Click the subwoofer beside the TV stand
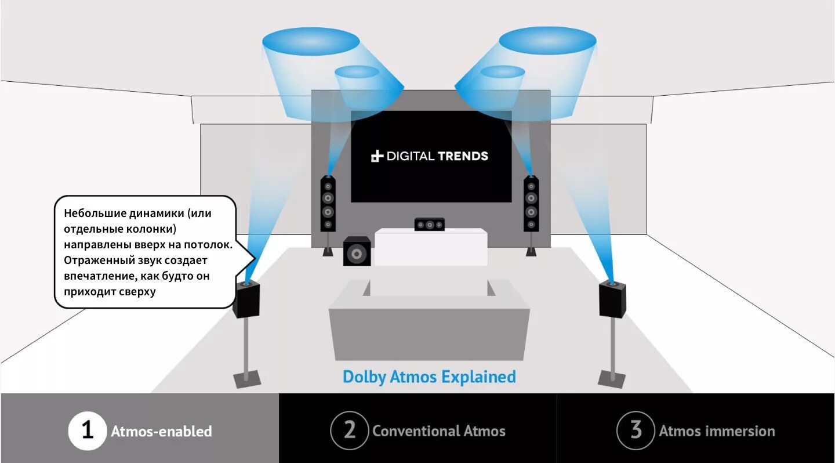357,251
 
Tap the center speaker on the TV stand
429,224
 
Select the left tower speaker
328,204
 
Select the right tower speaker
531,204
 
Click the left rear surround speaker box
246,299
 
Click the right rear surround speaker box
613,298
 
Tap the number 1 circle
88,431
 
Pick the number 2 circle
350,431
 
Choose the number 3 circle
636,431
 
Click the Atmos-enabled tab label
161,432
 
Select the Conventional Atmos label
439,431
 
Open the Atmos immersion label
717,431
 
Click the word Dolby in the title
364,377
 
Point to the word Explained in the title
478,377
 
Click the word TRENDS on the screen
463,156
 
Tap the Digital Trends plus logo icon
377,156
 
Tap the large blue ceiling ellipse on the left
311,42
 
